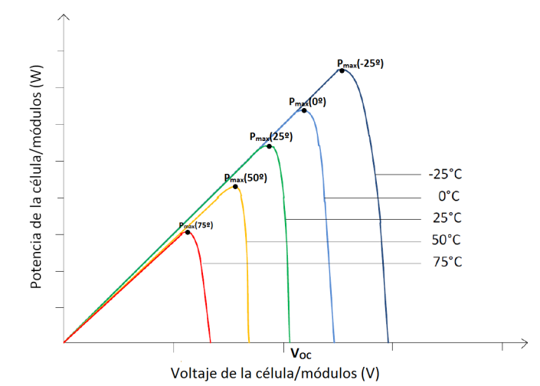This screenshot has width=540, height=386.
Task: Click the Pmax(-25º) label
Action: pyautogui.click(x=359, y=64)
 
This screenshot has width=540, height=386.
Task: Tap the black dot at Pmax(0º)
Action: pyautogui.click(x=304, y=110)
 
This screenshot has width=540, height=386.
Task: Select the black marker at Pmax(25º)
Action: pyautogui.click(x=269, y=146)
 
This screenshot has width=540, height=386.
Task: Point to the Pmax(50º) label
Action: pyautogui.click(x=245, y=178)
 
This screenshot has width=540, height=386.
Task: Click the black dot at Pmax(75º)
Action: pyautogui.click(x=188, y=231)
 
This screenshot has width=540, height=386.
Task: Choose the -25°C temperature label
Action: pyautogui.click(x=445, y=174)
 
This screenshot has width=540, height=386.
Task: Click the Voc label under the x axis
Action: pyautogui.click(x=301, y=354)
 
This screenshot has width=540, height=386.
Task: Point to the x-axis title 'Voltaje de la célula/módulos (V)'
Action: pyautogui.click(x=275, y=373)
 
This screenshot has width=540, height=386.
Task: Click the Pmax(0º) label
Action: pyautogui.click(x=307, y=101)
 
